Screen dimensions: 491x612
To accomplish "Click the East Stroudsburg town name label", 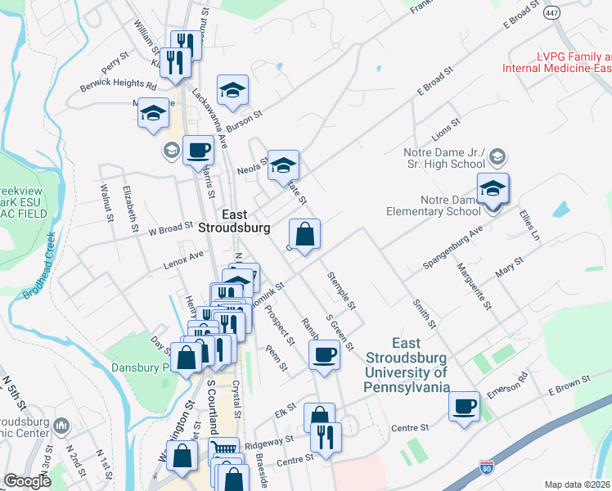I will point(235,220).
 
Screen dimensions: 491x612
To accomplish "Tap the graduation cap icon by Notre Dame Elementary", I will point(493,189).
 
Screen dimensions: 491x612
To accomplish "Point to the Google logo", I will point(27,481).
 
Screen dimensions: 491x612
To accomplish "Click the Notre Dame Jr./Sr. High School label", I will point(445,159).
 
